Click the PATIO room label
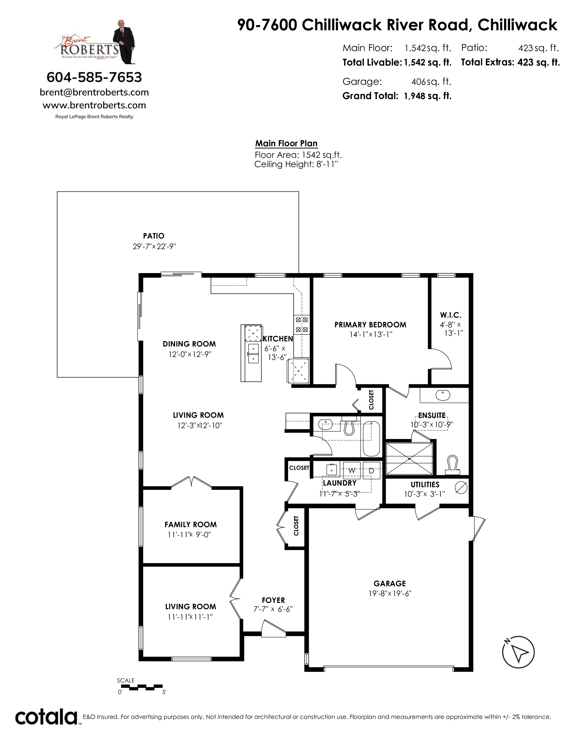[x=153, y=236]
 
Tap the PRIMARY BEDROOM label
[x=370, y=324]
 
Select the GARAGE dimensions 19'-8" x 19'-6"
[x=390, y=593]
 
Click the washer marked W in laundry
[x=352, y=470]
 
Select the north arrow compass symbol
[x=518, y=652]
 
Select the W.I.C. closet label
[x=451, y=315]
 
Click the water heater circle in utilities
[x=461, y=487]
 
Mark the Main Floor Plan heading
[x=286, y=144]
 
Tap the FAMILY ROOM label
[x=190, y=524]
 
